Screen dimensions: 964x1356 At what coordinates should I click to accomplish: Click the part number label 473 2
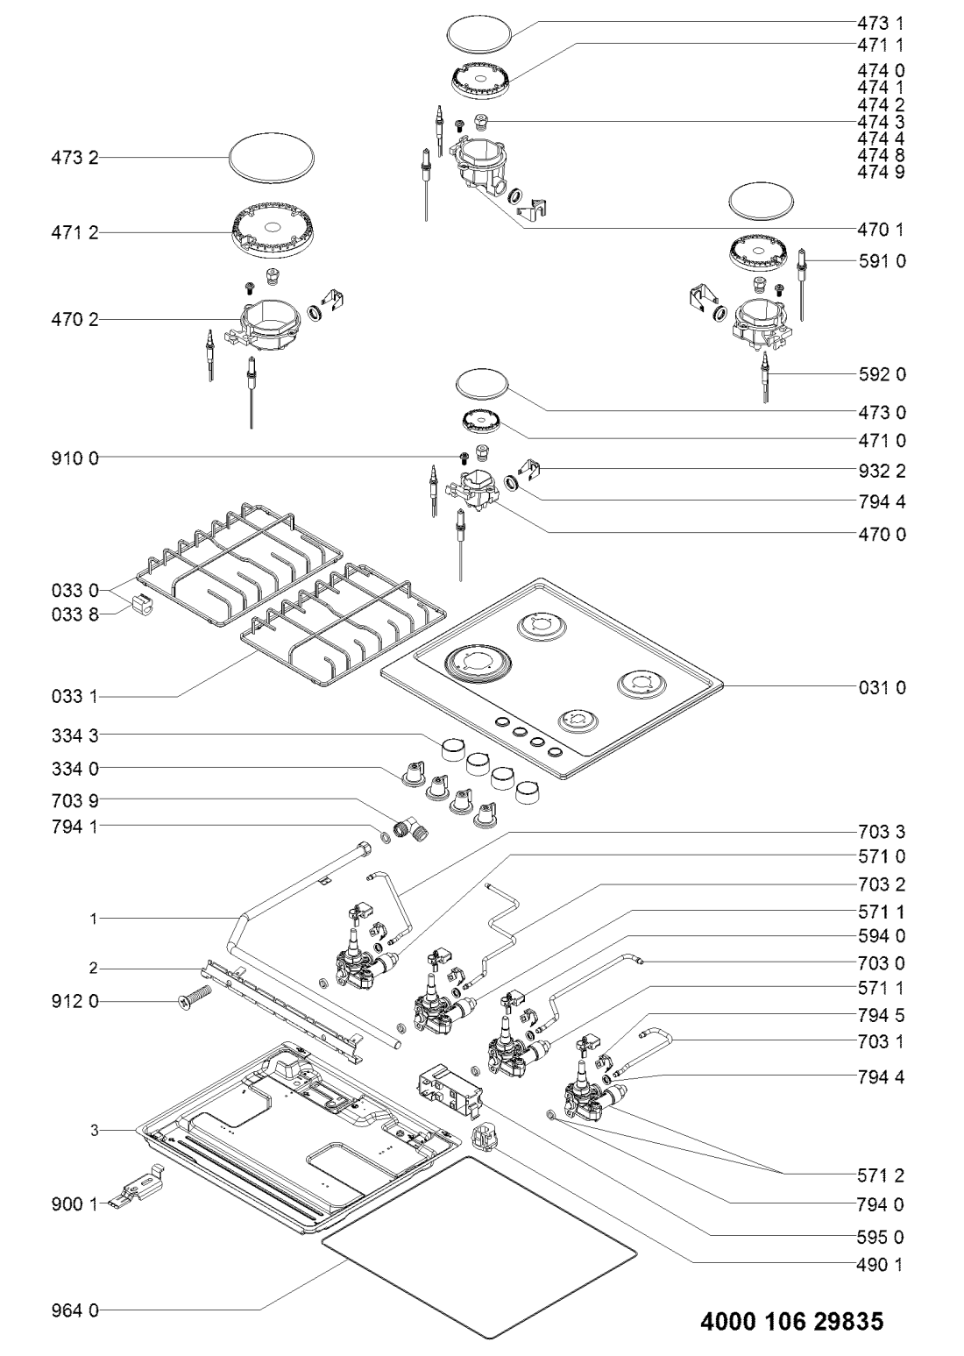pos(74,159)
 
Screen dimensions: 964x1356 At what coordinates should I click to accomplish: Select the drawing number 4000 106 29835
pos(792,1322)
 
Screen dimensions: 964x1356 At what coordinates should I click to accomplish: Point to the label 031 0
pos(882,688)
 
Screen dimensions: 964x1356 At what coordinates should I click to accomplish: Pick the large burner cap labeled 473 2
pos(272,158)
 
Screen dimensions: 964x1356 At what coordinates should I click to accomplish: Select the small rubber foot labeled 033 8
pos(140,603)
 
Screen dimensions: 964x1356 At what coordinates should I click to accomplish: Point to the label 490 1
pos(881,1247)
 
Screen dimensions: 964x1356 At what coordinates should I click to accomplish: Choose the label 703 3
pos(882,833)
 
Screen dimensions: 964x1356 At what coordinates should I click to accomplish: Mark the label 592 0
pos(882,374)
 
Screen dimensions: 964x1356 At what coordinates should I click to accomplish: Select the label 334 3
pos(75,736)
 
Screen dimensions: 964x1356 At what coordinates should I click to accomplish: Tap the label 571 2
pos(881,1175)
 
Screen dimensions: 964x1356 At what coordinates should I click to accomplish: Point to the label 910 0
pos(75,458)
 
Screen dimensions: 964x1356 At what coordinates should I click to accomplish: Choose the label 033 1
pos(75,697)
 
